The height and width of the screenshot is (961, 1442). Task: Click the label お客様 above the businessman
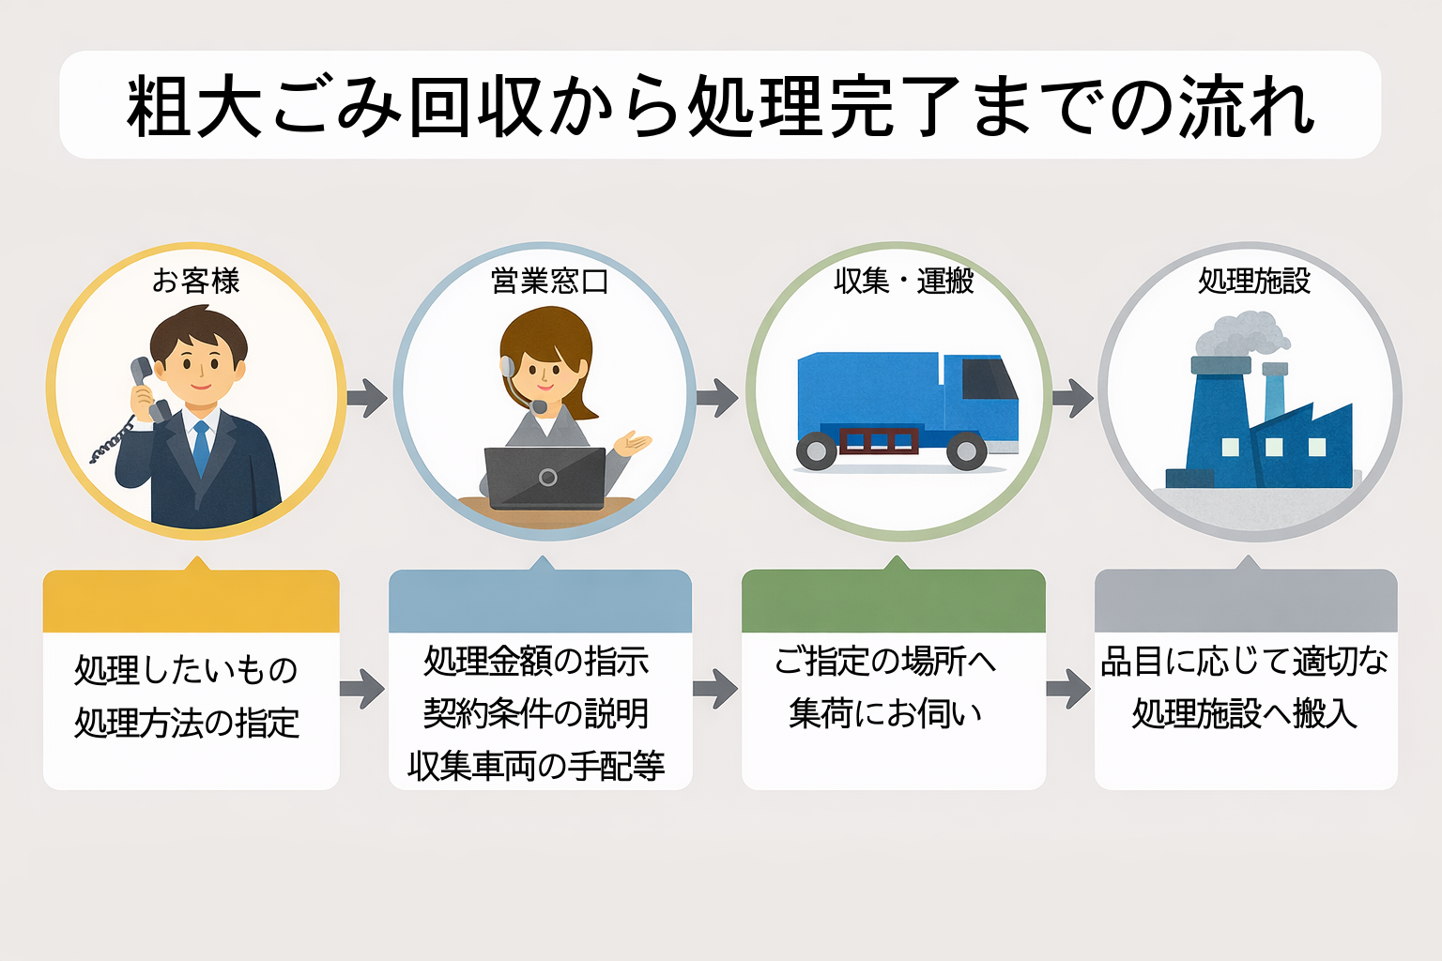point(196,281)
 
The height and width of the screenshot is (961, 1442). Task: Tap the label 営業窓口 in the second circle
point(549,281)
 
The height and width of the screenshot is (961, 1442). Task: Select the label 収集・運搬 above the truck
point(903,281)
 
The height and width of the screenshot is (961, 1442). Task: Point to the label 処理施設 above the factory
point(1254,281)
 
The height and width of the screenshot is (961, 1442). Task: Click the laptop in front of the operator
point(545,478)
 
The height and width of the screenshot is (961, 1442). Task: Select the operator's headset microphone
point(539,406)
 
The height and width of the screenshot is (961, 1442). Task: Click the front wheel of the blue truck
point(966,451)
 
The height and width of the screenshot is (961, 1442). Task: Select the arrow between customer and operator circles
point(367,398)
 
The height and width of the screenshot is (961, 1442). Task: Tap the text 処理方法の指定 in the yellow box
point(187,724)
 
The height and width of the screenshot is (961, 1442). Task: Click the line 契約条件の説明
point(536,714)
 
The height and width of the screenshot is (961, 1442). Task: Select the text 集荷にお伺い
point(885,714)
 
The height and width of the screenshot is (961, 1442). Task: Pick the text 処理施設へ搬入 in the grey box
point(1245,714)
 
